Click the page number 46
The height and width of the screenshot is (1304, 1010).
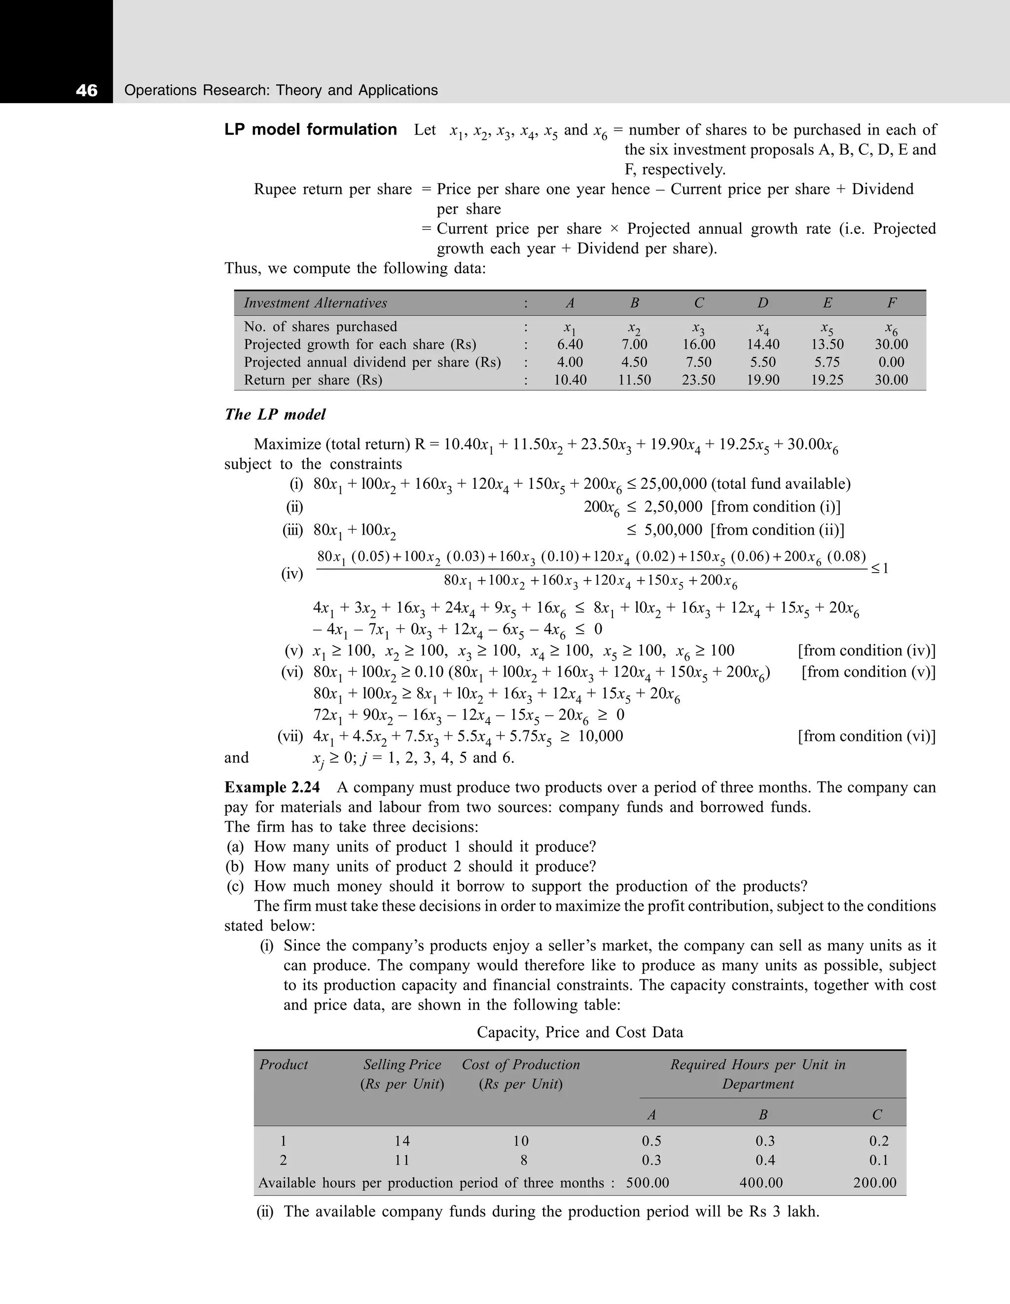point(87,91)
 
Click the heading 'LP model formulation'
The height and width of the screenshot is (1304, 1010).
point(310,130)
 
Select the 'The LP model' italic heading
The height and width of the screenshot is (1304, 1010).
point(275,414)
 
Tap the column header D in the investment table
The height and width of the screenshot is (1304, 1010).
point(763,303)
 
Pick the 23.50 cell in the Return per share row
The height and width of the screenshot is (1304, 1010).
point(698,380)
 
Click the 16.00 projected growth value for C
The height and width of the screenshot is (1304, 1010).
point(698,345)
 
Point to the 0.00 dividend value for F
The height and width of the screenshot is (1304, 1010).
point(891,362)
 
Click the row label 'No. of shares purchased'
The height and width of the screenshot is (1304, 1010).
point(320,326)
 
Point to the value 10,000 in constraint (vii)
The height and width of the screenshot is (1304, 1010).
point(601,736)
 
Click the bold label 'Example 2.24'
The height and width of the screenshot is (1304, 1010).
point(272,788)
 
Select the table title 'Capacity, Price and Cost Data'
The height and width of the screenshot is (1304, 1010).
point(579,1032)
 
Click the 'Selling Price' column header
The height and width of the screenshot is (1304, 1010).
point(402,1065)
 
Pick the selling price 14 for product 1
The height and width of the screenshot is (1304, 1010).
point(402,1141)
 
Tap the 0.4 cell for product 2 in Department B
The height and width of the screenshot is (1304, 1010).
point(765,1160)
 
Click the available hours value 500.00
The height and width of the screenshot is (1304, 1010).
point(648,1183)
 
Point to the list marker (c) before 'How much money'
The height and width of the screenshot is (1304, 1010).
point(235,886)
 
